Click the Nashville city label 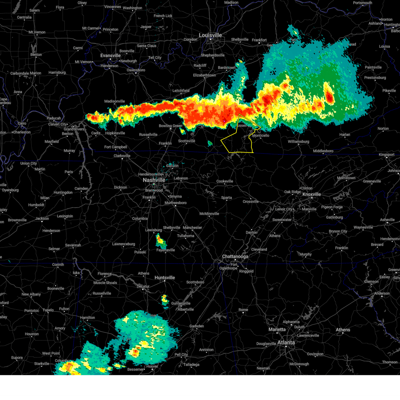coord(154,180)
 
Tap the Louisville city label coord(210,35)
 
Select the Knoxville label coord(312,194)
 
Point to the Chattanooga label coord(235,257)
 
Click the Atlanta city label coord(286,343)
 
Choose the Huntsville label coord(165,278)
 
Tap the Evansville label coord(110,56)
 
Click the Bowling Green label coord(170,126)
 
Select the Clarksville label coord(122,156)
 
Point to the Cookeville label coord(225,181)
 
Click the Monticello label coord(261,136)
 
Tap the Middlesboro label coord(323,151)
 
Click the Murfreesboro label coord(176,203)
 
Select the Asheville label coord(387,220)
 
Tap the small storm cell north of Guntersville coord(165,299)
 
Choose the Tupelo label coord(48,310)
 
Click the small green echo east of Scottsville coord(210,143)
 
